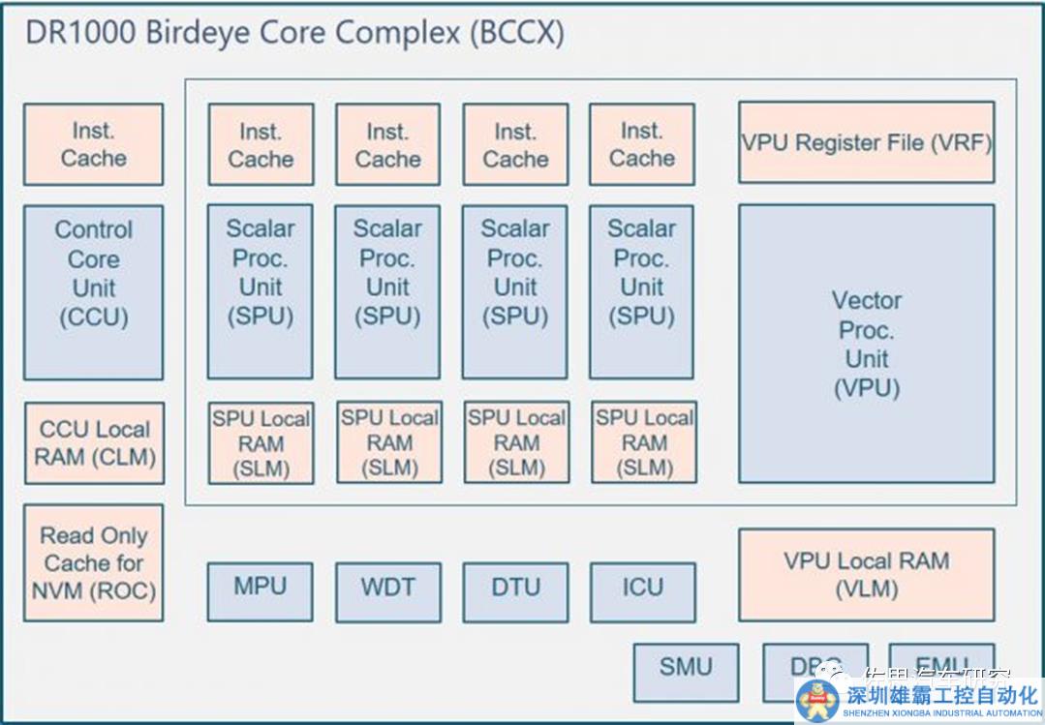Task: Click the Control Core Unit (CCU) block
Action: pos(93,291)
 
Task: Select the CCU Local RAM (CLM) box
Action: pos(94,442)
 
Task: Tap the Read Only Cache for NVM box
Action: pos(93,562)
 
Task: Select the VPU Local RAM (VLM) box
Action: pos(866,574)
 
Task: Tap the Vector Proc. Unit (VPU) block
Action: pos(866,344)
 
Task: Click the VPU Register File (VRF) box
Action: pos(866,142)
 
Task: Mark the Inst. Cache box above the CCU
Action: pos(93,144)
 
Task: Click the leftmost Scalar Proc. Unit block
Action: pos(260,291)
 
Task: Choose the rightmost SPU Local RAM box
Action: pos(644,442)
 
